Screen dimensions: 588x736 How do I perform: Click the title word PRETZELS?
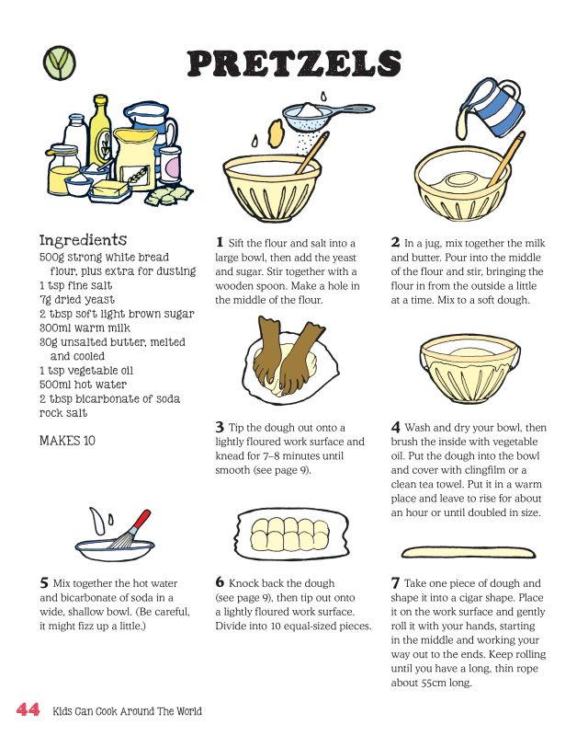[x=294, y=63]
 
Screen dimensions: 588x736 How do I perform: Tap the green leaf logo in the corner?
[x=60, y=63]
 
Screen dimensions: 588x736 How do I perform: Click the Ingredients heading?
[x=83, y=240]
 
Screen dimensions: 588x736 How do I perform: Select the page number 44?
[x=28, y=708]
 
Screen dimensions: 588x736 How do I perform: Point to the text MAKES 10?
[x=67, y=441]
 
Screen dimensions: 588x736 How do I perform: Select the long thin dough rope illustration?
[x=469, y=552]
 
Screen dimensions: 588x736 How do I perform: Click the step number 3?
[x=220, y=427]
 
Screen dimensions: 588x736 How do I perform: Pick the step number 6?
[x=220, y=582]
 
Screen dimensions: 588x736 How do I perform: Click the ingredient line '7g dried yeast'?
[x=77, y=300]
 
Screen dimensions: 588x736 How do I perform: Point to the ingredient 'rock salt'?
[x=63, y=412]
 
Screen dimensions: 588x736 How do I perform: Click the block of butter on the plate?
[x=110, y=190]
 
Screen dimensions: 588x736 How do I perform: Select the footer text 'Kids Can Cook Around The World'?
[x=127, y=711]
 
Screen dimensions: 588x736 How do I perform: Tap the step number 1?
[x=220, y=242]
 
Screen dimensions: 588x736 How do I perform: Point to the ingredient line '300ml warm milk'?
[x=85, y=328]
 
